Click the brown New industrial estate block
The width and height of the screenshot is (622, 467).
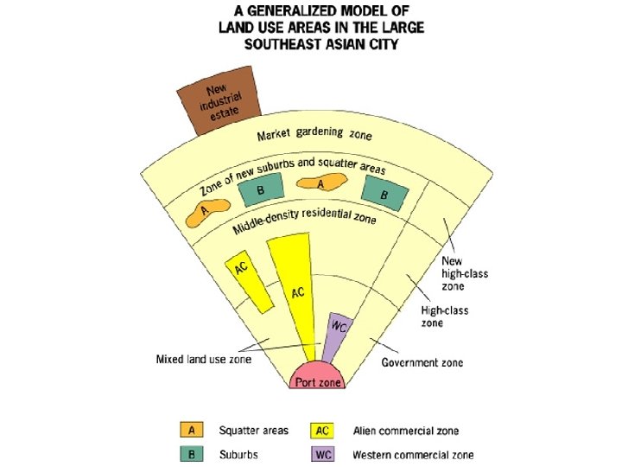219,108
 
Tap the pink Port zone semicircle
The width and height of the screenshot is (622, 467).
319,379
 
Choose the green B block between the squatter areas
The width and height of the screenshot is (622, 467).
262,189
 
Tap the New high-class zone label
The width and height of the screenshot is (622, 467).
466,273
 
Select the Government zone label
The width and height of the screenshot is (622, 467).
422,362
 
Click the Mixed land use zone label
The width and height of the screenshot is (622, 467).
203,359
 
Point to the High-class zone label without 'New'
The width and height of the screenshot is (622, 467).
444,317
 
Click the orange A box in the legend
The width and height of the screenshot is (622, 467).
191,430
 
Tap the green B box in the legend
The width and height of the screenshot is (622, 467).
191,454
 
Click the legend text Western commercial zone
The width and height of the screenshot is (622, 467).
413,455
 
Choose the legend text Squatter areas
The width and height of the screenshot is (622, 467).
252,431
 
